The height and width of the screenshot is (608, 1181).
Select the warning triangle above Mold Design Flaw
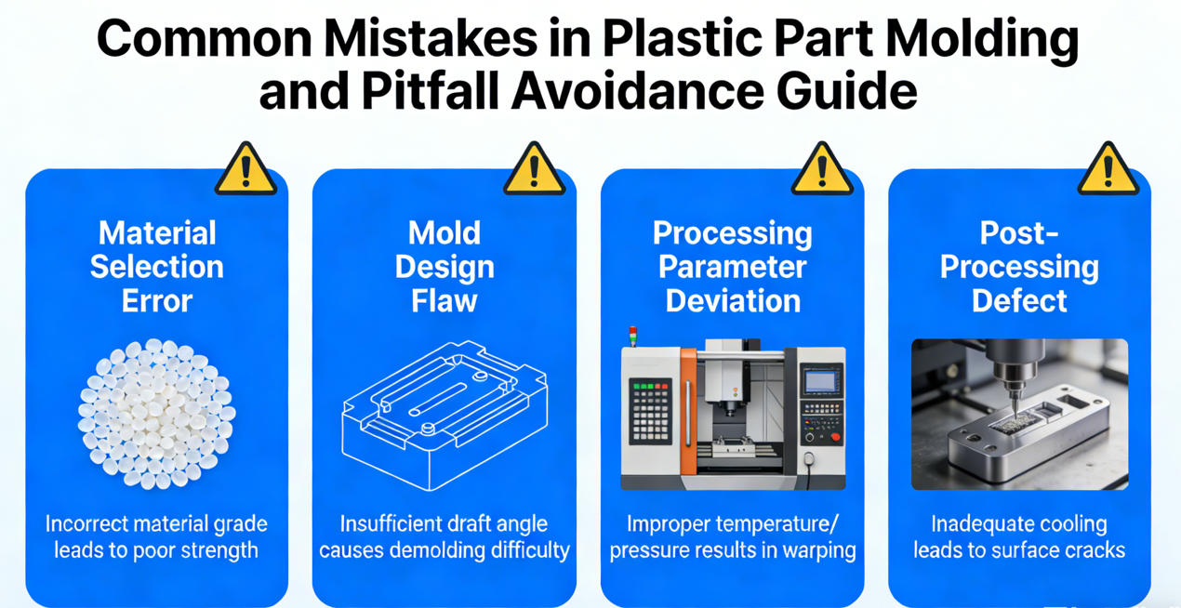click(533, 170)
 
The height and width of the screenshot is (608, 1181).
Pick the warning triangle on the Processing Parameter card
click(821, 170)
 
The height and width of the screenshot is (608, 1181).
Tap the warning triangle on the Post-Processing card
click(1108, 170)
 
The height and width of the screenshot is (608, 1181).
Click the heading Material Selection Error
click(156, 267)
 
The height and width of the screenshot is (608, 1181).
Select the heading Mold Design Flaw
click(445, 267)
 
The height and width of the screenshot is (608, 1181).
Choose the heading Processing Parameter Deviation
click(733, 267)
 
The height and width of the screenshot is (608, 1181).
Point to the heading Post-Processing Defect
click(1019, 267)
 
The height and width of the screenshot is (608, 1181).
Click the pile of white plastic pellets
click(156, 414)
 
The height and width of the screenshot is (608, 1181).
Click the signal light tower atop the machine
click(634, 336)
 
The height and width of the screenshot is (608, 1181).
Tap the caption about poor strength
click(156, 536)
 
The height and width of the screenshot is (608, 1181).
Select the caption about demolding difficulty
click(445, 536)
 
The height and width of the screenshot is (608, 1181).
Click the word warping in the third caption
click(815, 549)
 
